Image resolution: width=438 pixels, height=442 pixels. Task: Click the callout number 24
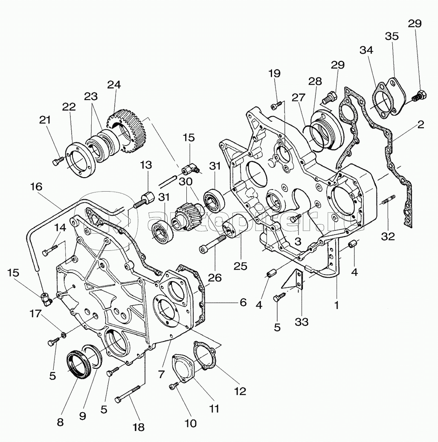click(x=114, y=85)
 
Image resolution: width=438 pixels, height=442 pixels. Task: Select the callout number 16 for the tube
click(x=36, y=186)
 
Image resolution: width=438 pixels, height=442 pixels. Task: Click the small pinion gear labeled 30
click(x=185, y=212)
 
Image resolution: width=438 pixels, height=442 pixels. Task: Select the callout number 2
click(x=421, y=124)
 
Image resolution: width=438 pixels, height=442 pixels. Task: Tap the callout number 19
click(x=274, y=73)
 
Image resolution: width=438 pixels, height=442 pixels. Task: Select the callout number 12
click(x=240, y=391)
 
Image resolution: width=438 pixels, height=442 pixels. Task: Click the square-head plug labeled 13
click(x=145, y=200)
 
